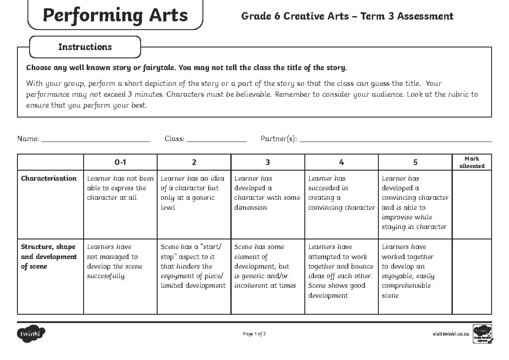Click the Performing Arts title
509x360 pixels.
115,15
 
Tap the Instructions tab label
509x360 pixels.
85,47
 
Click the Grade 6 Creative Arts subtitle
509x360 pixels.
347,17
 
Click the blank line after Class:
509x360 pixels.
217,139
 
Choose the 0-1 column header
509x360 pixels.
120,162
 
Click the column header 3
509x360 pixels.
268,162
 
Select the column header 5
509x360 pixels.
415,162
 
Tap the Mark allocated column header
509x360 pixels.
472,162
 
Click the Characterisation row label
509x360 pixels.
49,179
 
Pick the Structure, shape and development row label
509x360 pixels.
49,257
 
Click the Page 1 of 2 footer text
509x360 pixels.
255,334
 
